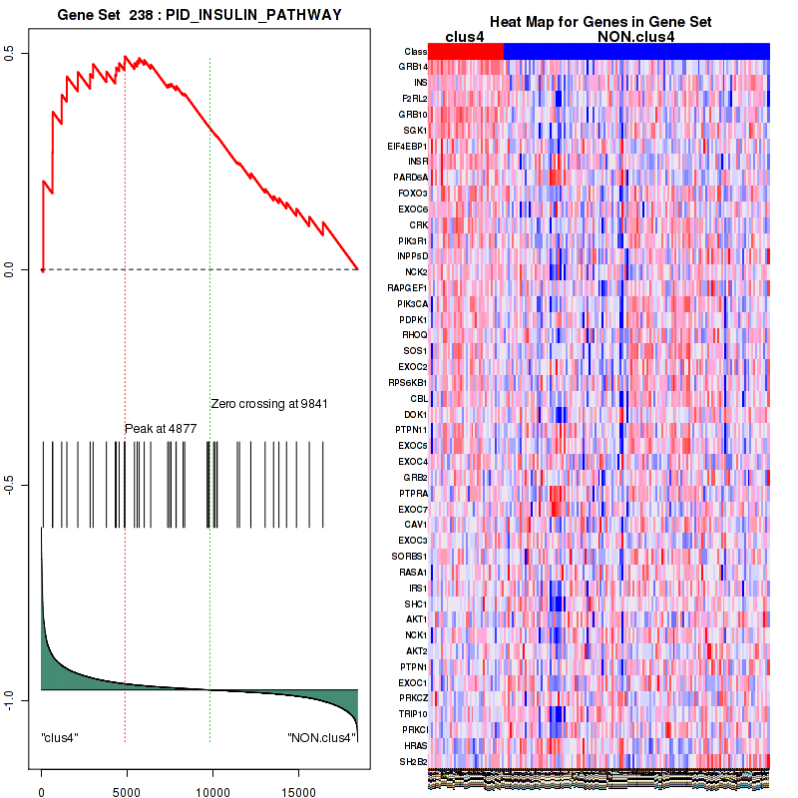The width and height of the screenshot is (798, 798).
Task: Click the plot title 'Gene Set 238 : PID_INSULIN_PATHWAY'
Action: click(199, 15)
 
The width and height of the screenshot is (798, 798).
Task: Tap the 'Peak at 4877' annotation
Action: click(161, 429)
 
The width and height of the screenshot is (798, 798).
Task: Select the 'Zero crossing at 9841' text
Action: click(269, 403)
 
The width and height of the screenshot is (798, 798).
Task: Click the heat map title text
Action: click(599, 22)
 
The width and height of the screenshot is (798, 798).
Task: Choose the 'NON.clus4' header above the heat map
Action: click(635, 37)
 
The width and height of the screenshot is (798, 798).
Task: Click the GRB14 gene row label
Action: click(412, 67)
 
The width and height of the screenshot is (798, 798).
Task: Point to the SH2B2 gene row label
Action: click(412, 761)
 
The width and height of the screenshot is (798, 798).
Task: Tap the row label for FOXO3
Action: click(412, 193)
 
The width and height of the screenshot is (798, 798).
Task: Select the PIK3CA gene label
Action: click(412, 303)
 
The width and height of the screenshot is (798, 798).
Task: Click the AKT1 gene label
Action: click(414, 619)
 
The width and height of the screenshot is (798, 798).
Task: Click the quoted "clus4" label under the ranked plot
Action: click(61, 738)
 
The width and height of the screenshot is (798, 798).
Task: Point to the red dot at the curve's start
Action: click(42, 269)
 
